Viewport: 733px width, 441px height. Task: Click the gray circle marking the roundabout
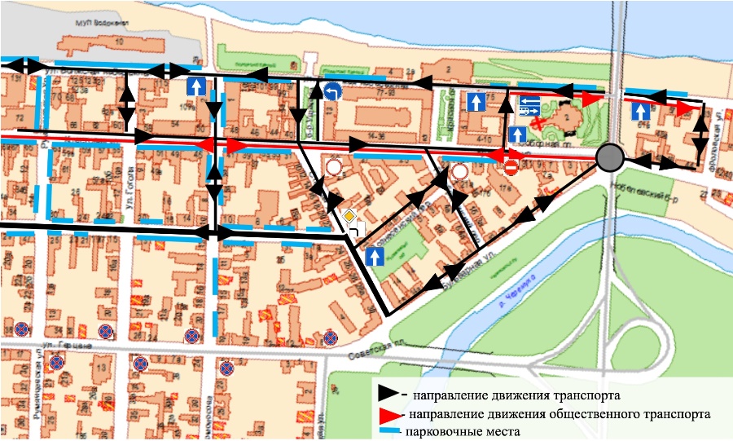point(609,157)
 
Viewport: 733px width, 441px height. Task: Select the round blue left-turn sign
point(331,92)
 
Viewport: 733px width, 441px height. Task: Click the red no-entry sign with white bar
point(511,167)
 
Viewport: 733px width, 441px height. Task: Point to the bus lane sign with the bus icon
point(529,106)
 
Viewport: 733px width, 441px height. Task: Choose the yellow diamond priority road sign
point(349,217)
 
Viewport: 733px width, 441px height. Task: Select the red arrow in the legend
point(389,414)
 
